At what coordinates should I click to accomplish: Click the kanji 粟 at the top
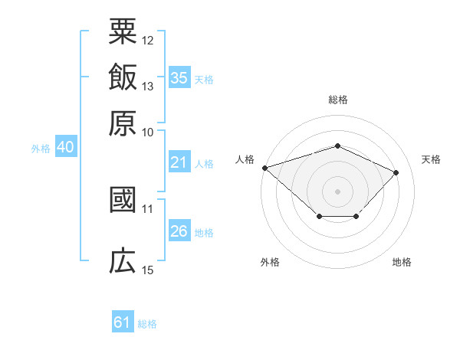click(x=123, y=32)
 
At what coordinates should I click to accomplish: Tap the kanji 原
click(x=123, y=122)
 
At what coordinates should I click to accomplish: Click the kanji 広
click(x=123, y=261)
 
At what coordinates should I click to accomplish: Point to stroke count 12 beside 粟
click(x=148, y=40)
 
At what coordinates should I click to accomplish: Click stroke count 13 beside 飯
click(x=148, y=86)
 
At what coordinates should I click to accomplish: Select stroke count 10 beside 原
click(x=148, y=131)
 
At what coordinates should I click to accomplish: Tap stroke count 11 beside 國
click(x=148, y=208)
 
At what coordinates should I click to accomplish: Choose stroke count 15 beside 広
click(x=148, y=270)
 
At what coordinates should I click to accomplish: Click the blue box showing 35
click(x=179, y=77)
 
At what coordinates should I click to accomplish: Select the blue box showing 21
click(x=179, y=162)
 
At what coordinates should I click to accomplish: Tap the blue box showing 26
click(x=179, y=231)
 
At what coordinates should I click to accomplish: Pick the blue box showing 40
click(x=65, y=148)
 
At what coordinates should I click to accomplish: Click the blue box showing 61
click(x=123, y=322)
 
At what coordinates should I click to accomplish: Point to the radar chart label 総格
click(x=337, y=100)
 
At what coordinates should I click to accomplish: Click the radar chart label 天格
click(x=431, y=159)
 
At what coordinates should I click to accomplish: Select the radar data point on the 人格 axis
click(x=264, y=168)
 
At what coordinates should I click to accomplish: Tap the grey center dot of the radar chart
click(x=337, y=191)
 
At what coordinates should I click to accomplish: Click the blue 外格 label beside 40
click(x=41, y=149)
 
